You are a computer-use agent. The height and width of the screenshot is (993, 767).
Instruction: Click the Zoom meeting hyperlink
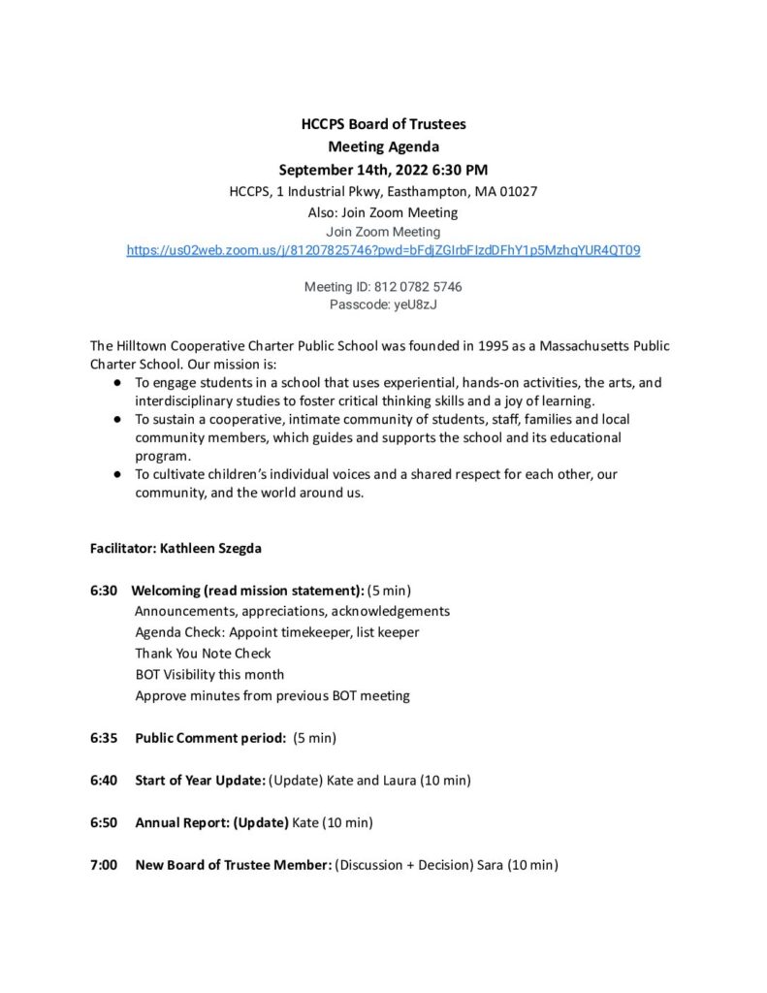point(383,250)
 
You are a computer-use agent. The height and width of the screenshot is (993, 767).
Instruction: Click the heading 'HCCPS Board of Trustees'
point(383,124)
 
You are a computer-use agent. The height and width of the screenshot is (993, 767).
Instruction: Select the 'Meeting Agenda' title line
point(383,147)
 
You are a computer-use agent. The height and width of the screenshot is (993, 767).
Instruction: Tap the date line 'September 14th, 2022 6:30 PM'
point(383,170)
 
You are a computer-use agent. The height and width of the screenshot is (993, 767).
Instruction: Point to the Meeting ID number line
point(383,287)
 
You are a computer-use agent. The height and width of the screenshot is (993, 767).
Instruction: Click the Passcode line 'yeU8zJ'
point(383,304)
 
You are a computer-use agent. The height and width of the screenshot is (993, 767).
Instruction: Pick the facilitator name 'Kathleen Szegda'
point(211,548)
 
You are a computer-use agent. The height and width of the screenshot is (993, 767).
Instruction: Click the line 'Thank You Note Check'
point(203,654)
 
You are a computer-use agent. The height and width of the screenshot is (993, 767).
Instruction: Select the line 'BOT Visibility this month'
point(209,675)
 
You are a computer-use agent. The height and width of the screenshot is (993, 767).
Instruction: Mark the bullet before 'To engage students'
point(116,383)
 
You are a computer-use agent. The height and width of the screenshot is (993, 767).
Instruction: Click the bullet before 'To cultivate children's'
point(116,474)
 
